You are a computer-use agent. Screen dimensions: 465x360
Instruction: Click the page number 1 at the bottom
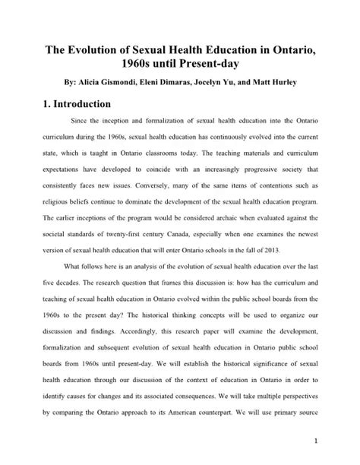pos(325,440)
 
